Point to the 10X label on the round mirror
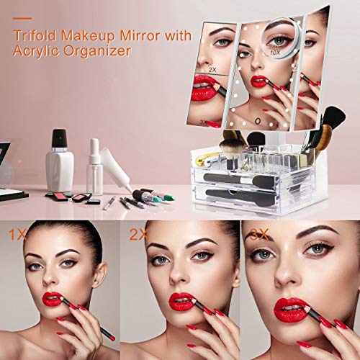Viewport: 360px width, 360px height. (274, 53)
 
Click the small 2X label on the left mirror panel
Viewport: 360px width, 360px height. (211, 68)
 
